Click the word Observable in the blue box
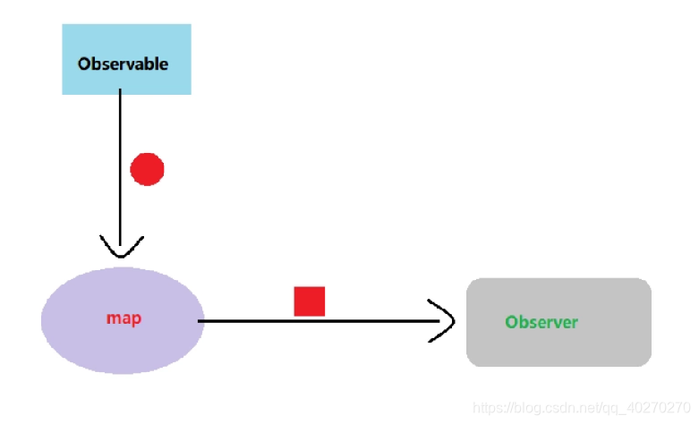point(123,64)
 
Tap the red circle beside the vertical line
point(148,168)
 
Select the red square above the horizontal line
point(310,301)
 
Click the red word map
point(124,318)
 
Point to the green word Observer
point(541,322)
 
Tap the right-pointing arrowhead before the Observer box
point(443,320)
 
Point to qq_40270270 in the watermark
point(649,407)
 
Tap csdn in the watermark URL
point(555,407)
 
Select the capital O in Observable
point(84,64)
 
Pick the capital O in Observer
point(511,322)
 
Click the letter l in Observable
point(154,64)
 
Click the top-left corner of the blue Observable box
point(63,25)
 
